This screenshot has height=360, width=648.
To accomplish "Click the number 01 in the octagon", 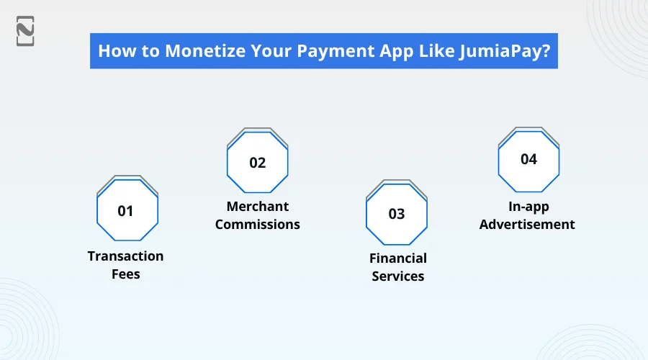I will pyautogui.click(x=126, y=211).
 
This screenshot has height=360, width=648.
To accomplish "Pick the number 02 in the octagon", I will pyautogui.click(x=258, y=163).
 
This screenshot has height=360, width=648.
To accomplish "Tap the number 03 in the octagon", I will pyautogui.click(x=397, y=214).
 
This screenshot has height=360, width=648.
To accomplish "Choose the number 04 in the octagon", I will pyautogui.click(x=528, y=159).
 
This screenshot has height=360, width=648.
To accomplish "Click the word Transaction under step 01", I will pyautogui.click(x=126, y=256).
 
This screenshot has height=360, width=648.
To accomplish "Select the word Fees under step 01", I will pyautogui.click(x=126, y=274).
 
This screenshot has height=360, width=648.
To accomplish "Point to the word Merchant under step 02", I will pyautogui.click(x=258, y=207).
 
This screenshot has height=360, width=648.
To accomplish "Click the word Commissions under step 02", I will pyautogui.click(x=258, y=225).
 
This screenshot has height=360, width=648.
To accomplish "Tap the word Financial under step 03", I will pyautogui.click(x=398, y=258).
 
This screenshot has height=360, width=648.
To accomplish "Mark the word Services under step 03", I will pyautogui.click(x=398, y=276).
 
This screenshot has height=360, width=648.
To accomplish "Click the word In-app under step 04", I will pyautogui.click(x=528, y=207).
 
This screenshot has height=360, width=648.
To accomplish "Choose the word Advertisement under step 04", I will pyautogui.click(x=528, y=225).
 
